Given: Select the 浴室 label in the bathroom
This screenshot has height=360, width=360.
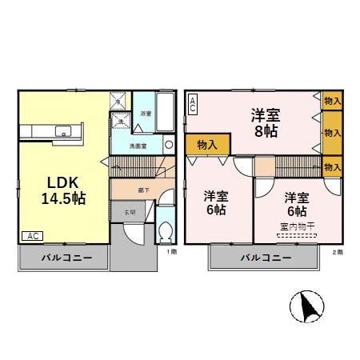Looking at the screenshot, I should tap(146, 114).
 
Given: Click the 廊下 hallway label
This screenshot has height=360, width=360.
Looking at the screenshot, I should tap(141, 190).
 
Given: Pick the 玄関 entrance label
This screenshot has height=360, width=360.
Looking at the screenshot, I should tap(130, 212).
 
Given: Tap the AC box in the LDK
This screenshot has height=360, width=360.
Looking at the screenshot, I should tap(31, 236).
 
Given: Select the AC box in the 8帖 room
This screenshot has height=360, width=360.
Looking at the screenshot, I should tap(193, 103).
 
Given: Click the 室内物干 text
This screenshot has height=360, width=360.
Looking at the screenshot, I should tap(296, 226).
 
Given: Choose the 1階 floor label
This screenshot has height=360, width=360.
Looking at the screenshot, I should tap(171, 252).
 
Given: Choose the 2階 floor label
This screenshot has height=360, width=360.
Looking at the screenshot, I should tap(337, 252).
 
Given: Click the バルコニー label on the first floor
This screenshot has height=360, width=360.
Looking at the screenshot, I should tap(63, 259).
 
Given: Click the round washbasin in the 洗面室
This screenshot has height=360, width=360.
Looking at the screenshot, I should tap(169, 146).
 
